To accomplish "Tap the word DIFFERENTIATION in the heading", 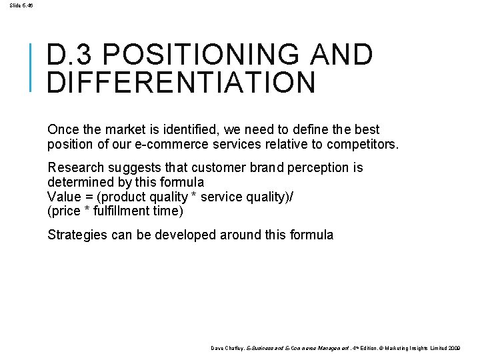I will point(181,83).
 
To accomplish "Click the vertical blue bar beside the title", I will point(32,66).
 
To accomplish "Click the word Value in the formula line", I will point(63,197).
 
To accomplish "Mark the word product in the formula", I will point(126,197).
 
